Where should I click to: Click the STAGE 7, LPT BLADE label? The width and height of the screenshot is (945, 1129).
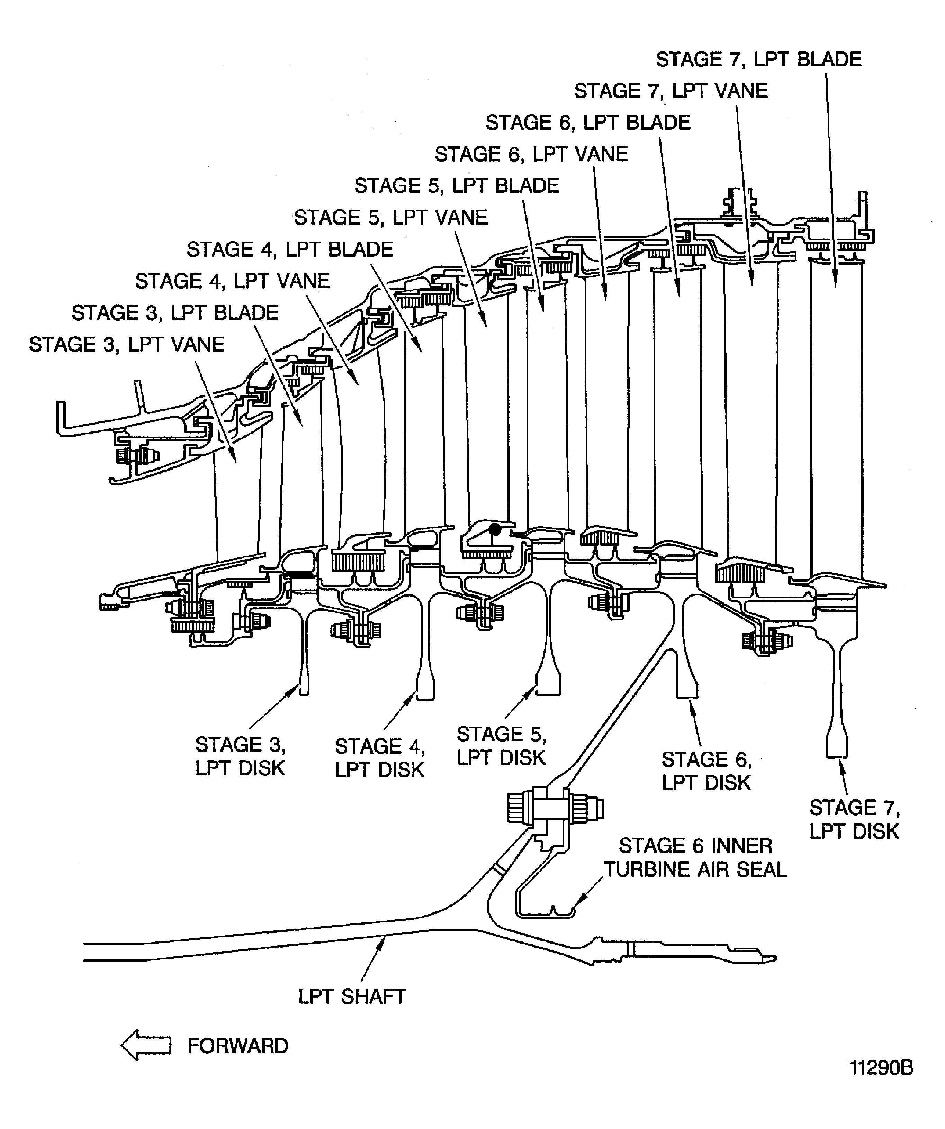758,59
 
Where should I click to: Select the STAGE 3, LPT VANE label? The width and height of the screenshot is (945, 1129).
126,345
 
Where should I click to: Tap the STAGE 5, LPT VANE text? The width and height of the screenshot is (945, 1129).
391,218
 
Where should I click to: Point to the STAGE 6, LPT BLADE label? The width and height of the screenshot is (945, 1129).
588,122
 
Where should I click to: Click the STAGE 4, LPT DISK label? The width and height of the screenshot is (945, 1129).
380,758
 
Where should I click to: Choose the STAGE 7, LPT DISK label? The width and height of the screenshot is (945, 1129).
854,819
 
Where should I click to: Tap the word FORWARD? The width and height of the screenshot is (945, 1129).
238,1046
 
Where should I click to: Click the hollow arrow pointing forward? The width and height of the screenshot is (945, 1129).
146,1046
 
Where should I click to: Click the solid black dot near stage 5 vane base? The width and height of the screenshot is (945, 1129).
495,530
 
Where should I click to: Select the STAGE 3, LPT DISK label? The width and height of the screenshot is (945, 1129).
240,756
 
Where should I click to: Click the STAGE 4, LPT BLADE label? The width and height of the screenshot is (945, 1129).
290,249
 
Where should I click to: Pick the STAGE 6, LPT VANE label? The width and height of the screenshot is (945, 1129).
531,154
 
